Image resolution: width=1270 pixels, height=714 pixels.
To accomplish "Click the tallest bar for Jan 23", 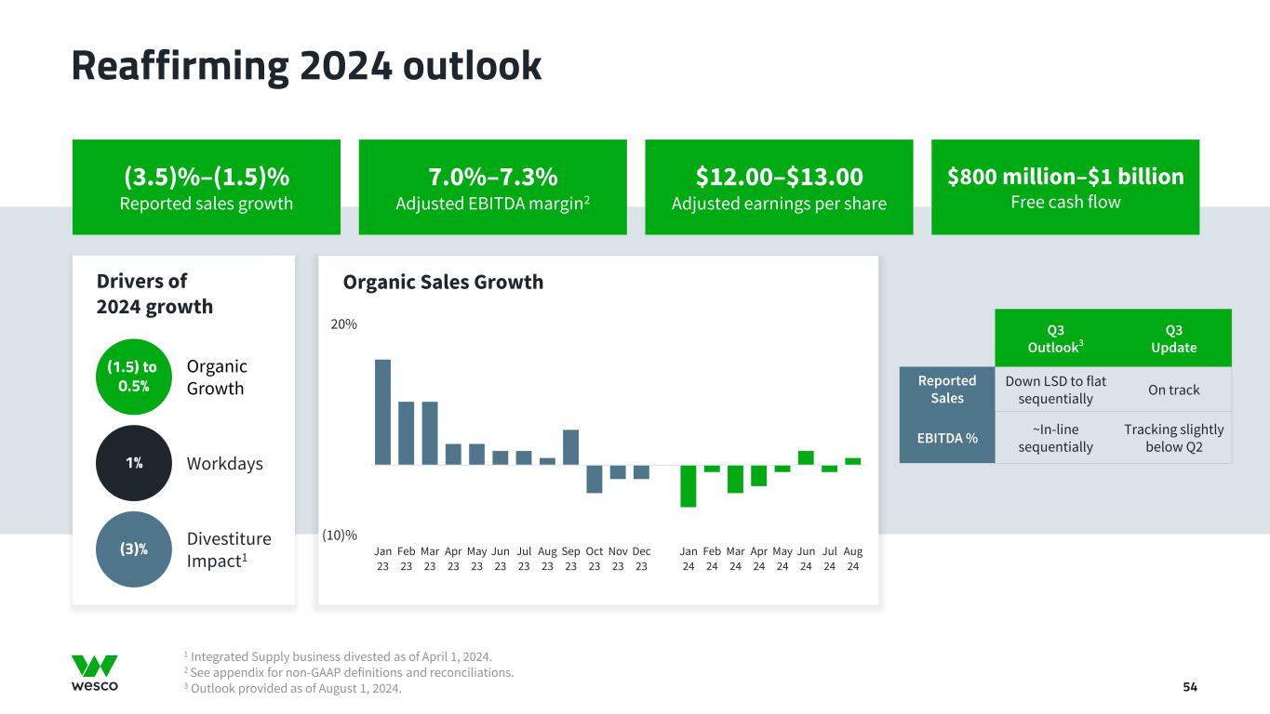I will [x=382, y=411].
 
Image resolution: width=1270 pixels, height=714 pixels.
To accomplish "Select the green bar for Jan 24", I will [x=688, y=485].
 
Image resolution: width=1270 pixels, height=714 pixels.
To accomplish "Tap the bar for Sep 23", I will [x=571, y=446].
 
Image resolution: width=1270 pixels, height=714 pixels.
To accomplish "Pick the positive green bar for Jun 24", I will [x=806, y=457].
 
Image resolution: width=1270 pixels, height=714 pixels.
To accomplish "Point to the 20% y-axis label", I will [x=344, y=324].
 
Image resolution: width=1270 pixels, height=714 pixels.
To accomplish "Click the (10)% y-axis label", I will [x=341, y=535].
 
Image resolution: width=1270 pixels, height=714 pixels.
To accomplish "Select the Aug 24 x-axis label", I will [x=853, y=558].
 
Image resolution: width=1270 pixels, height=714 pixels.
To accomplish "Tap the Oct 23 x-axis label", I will [x=595, y=558].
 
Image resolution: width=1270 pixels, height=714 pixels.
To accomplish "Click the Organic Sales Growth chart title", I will [x=443, y=282].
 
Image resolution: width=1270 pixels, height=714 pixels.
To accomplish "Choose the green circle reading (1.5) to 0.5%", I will [x=134, y=376].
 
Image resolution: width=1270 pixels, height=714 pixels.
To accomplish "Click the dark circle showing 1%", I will [x=134, y=463].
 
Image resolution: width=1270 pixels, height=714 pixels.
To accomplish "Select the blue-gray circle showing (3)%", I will [x=134, y=549].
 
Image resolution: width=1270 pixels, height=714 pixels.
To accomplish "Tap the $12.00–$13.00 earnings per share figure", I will [x=779, y=177].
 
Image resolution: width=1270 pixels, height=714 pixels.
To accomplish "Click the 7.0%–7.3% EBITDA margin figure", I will [x=492, y=177].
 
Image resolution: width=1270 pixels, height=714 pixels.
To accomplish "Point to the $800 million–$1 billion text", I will [x=1065, y=177].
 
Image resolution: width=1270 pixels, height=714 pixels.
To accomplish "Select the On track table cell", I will [x=1173, y=390].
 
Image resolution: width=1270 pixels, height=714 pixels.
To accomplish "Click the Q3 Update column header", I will [x=1173, y=338].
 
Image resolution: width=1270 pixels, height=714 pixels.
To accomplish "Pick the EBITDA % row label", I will [x=947, y=438].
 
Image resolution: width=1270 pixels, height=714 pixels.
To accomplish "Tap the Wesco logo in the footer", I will [x=95, y=673].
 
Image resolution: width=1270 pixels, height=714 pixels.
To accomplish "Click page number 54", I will [x=1190, y=687].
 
